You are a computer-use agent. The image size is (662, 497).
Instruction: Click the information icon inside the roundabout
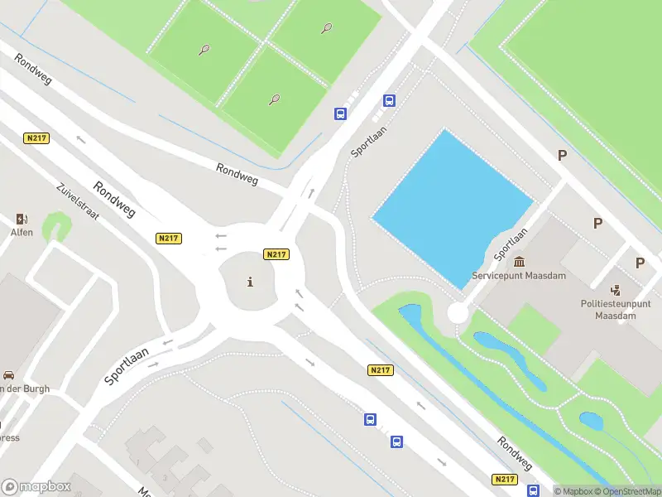251,282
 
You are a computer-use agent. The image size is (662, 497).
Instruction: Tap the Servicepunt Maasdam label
519,275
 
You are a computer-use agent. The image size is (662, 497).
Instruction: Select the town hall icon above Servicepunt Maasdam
519,261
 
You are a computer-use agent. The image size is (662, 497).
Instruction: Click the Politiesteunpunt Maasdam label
615,310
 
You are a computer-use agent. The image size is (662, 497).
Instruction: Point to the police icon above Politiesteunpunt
615,290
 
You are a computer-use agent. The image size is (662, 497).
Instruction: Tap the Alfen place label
22,233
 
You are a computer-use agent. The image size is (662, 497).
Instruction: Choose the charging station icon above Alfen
22,219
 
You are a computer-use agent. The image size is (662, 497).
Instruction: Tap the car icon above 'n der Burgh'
8,374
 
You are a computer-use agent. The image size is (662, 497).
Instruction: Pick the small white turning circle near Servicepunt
458,312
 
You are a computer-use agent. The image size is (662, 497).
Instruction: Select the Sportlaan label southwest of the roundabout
127,365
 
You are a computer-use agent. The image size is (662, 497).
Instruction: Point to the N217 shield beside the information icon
276,254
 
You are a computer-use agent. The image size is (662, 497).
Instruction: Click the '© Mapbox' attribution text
573,491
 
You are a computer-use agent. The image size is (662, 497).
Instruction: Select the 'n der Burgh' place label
25,388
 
